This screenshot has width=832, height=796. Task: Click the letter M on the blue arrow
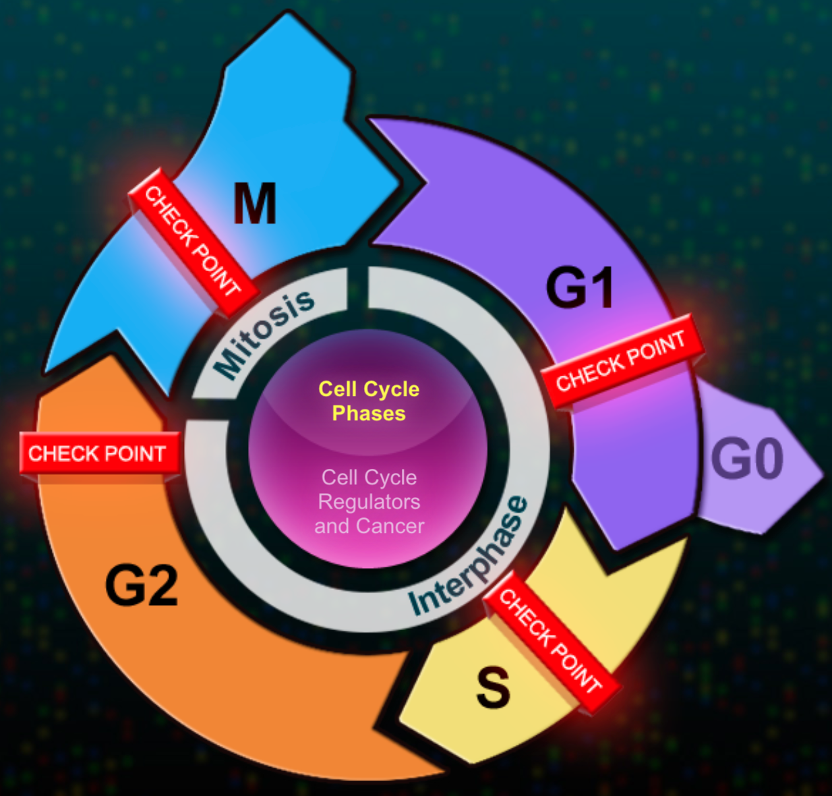pyautogui.click(x=254, y=203)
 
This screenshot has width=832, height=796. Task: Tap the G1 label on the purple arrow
pyautogui.click(x=580, y=287)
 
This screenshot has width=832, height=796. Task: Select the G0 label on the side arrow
pyautogui.click(x=747, y=459)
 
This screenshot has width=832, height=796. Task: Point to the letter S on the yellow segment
pyautogui.click(x=493, y=688)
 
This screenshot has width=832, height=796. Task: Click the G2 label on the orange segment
pyautogui.click(x=142, y=585)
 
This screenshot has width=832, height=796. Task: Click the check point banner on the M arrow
pyautogui.click(x=194, y=242)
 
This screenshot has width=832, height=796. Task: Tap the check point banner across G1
pyautogui.click(x=622, y=362)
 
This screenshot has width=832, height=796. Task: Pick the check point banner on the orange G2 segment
pyautogui.click(x=99, y=453)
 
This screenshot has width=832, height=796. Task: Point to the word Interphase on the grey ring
pyautogui.click(x=469, y=555)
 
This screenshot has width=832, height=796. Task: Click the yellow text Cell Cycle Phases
pyautogui.click(x=369, y=401)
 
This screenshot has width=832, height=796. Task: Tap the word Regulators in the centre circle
pyautogui.click(x=369, y=502)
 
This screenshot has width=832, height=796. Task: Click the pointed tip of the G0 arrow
pyautogui.click(x=823, y=474)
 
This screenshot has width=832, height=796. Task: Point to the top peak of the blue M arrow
pyautogui.click(x=288, y=12)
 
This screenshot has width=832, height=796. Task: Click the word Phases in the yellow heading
pyautogui.click(x=369, y=414)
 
